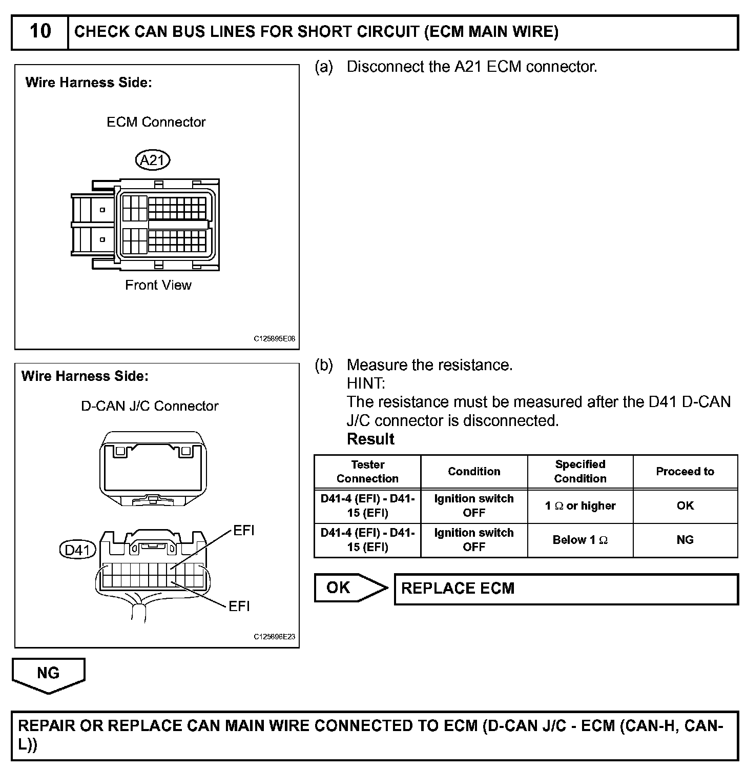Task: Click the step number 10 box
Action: (40, 32)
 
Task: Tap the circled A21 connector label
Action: (153, 160)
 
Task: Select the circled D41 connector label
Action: (78, 550)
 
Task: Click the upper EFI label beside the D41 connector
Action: (244, 531)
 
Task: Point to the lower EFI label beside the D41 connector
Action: (239, 606)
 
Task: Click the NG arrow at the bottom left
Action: (48, 674)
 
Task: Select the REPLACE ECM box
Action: (566, 589)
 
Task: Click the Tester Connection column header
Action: (367, 472)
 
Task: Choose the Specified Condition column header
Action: (580, 472)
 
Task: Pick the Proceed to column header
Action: (685, 472)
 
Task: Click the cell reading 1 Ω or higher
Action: (580, 506)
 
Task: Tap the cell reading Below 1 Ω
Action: (580, 540)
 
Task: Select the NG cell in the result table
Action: (685, 540)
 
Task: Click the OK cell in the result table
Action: (685, 506)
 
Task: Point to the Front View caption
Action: (158, 285)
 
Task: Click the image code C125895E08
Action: (275, 339)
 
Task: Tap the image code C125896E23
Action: (275, 637)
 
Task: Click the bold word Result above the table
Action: (370, 439)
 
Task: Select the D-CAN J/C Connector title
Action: (150, 406)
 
